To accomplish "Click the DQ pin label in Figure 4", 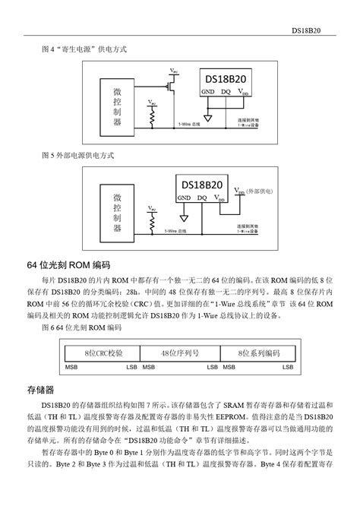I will (x=226, y=93).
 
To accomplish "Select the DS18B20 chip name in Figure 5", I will (x=201, y=185).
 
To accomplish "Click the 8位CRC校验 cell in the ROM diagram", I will (x=104, y=353).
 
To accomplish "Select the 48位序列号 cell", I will (x=179, y=353).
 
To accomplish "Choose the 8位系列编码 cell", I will (x=255, y=353).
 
